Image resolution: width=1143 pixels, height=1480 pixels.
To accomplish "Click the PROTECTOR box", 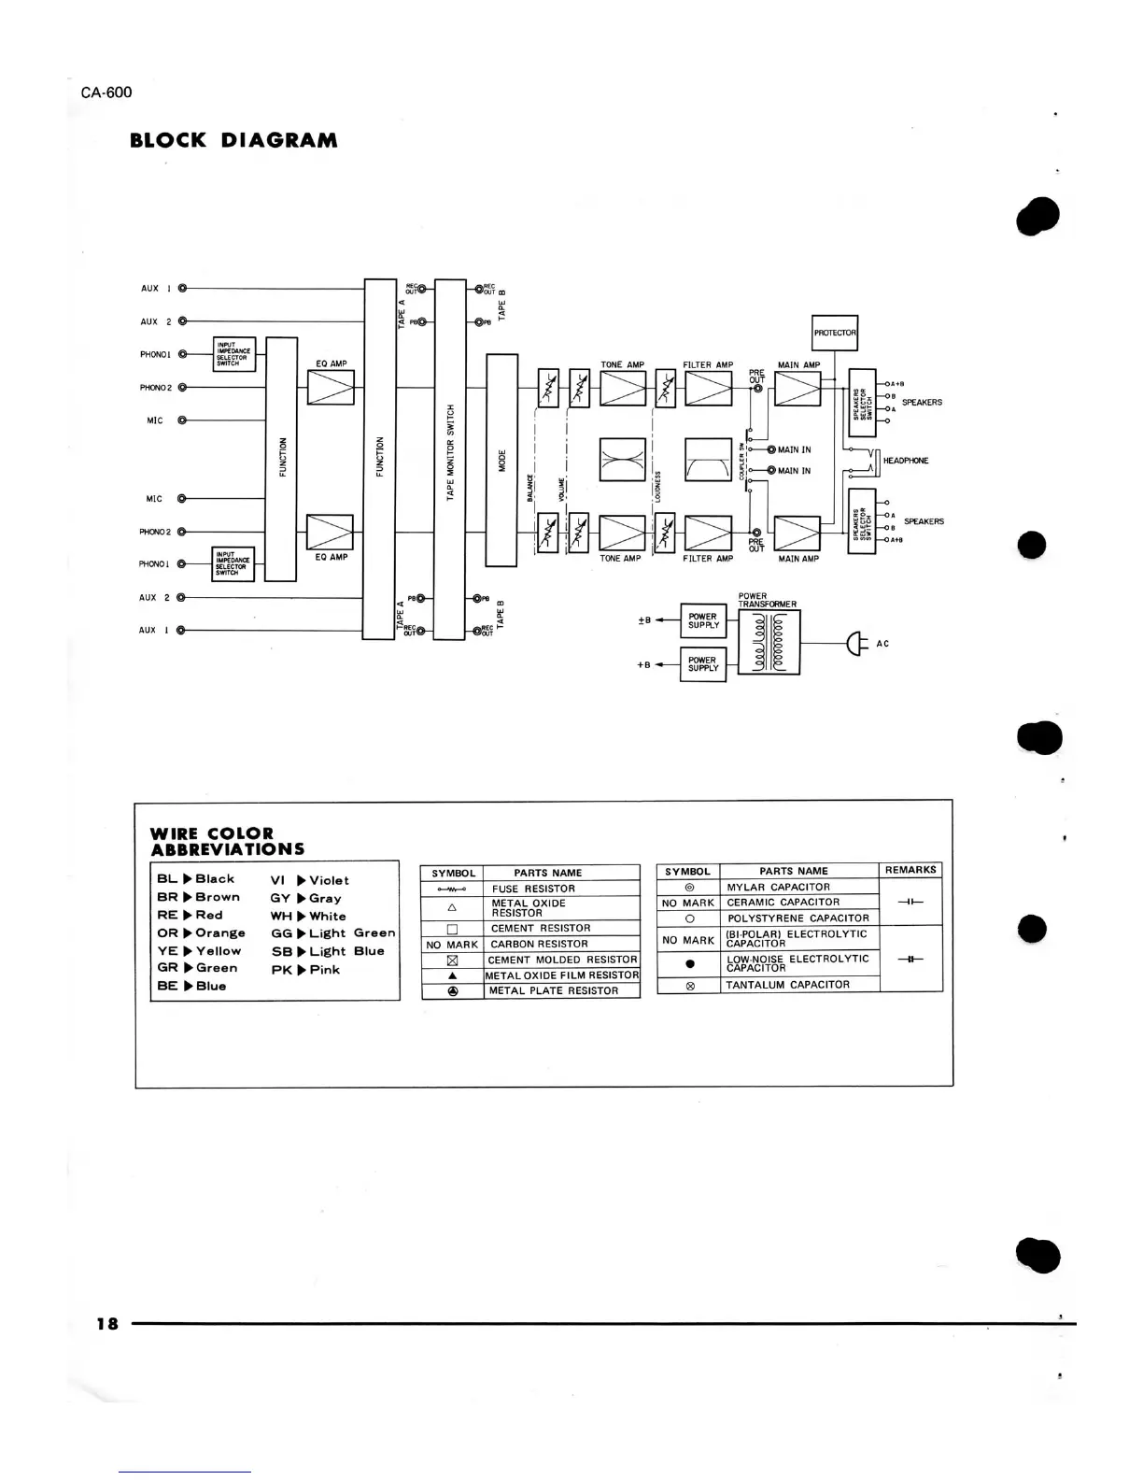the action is point(835,333).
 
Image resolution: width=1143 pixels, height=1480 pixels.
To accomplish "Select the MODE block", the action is point(501,460).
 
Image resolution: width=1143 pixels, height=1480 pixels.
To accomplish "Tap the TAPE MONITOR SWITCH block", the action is point(450,459).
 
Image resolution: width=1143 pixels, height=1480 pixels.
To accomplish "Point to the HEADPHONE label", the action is point(906,461).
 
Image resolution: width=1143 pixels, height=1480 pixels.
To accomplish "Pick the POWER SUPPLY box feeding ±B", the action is point(703,620).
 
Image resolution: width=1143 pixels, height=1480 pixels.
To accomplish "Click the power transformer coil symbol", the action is point(769,643).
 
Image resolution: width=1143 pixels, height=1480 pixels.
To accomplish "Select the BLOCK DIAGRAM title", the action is point(233,141).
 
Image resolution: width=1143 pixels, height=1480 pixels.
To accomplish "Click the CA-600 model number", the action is point(106,92).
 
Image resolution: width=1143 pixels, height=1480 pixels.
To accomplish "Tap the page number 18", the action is point(106,1323).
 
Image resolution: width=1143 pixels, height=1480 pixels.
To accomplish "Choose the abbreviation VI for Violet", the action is point(277,880).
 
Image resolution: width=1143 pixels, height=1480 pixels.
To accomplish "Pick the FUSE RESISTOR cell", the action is point(533,889).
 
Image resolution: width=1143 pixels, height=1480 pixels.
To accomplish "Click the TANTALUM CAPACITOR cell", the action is point(787,985).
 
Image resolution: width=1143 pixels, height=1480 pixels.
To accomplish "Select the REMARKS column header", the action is point(910,870).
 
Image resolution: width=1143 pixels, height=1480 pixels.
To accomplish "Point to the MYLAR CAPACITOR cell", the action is point(778,887).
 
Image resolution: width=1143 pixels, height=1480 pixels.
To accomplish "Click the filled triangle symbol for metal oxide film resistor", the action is point(452,975).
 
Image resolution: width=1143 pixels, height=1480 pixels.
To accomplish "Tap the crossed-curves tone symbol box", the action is point(622,460).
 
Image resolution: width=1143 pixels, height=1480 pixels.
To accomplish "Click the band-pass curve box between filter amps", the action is point(708,460).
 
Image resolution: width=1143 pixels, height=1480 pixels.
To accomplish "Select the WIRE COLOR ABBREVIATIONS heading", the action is point(227,841).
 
